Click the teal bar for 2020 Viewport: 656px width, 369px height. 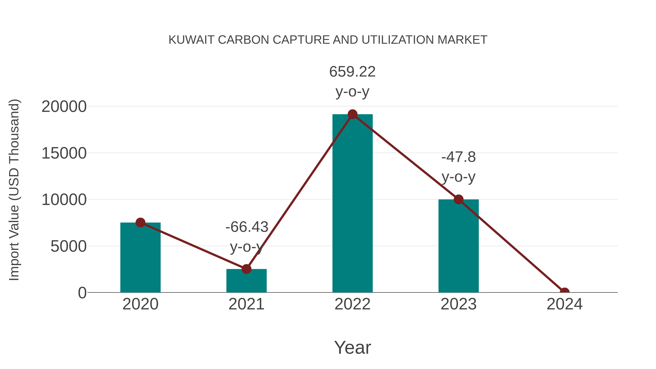[140, 257]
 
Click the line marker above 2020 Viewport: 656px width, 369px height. [140, 222]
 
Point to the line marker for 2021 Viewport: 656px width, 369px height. [246, 269]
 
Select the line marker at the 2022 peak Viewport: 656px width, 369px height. [352, 114]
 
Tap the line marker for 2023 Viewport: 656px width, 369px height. [458, 199]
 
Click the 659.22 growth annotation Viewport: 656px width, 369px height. [352, 72]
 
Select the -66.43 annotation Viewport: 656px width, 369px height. [247, 227]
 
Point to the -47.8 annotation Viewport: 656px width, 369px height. [458, 157]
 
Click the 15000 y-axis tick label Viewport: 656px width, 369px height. [64, 153]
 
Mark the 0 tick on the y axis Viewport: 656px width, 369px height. [82, 293]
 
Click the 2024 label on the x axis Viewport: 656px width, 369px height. [564, 304]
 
